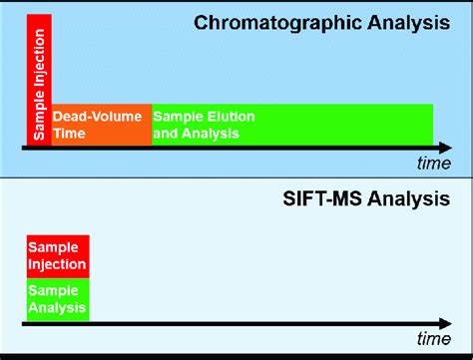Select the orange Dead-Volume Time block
coord(101,125)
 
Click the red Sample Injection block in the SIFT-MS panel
coord(58,256)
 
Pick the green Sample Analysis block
coord(58,298)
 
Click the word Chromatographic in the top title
coord(276,22)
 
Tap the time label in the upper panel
coord(434,163)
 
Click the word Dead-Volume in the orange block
coord(98,117)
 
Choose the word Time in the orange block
coord(70,132)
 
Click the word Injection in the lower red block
coord(58,263)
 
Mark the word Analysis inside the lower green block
coord(56,305)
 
